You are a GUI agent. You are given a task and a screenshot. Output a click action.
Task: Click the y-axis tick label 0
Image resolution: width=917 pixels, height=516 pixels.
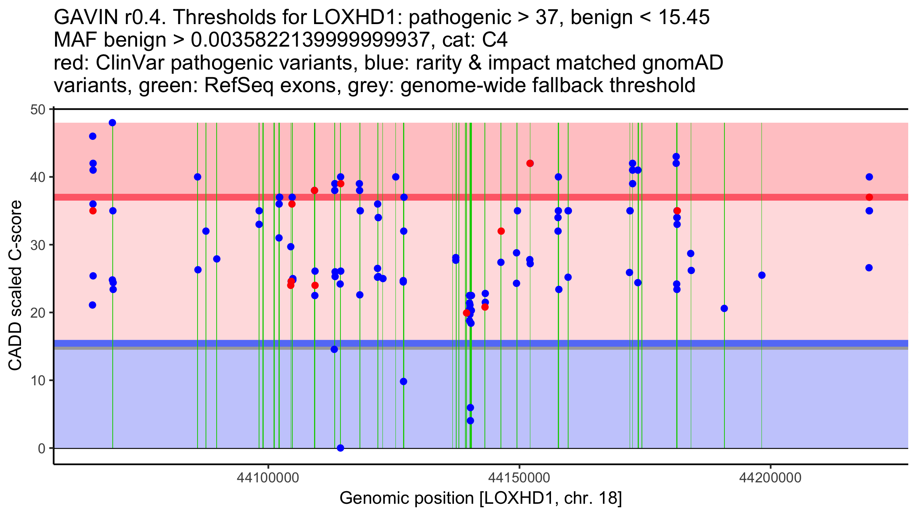click(x=41, y=448)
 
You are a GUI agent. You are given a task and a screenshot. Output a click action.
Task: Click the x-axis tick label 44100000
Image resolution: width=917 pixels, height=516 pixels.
click(x=268, y=478)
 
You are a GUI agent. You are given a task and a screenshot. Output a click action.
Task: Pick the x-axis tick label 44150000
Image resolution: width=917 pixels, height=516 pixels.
click(x=519, y=478)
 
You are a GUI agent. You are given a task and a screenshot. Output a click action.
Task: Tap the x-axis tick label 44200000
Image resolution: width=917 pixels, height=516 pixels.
click(x=770, y=478)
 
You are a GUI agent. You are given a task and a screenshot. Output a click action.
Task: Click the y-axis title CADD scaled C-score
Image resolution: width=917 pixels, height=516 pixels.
click(x=15, y=286)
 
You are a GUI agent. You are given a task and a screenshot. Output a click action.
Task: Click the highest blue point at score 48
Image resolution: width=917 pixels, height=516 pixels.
click(x=112, y=123)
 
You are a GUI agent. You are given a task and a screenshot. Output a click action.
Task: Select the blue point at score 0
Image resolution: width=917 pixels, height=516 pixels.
click(x=340, y=448)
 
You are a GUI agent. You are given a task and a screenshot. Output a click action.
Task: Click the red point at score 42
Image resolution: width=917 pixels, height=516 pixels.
click(x=530, y=163)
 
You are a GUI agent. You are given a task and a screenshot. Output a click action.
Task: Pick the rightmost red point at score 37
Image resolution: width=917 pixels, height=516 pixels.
click(x=869, y=197)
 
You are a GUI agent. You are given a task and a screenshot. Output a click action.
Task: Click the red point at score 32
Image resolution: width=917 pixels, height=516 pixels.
click(x=501, y=231)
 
